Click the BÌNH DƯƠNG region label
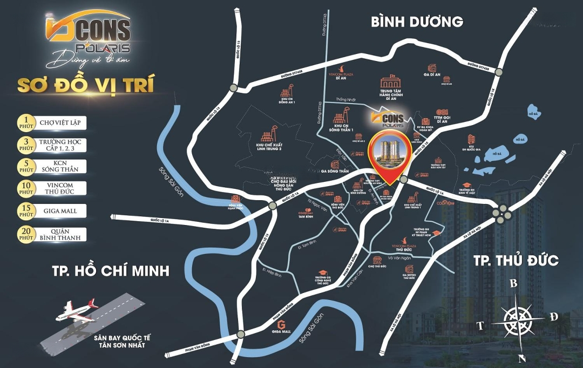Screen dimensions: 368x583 click(417, 22)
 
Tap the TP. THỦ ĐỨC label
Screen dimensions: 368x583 click(516, 261)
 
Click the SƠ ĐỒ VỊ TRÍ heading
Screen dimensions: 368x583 click(86, 85)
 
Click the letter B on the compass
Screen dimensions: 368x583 click(514, 283)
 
